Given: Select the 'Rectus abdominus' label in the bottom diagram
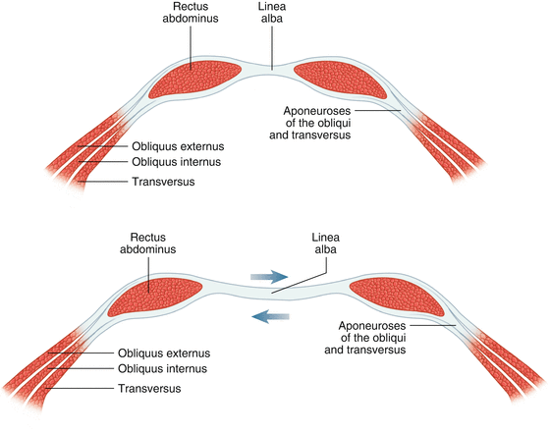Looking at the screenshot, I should click(x=147, y=243).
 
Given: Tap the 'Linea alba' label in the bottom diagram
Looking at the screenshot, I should click(x=326, y=243).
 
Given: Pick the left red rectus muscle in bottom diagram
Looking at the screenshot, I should click(x=155, y=296).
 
